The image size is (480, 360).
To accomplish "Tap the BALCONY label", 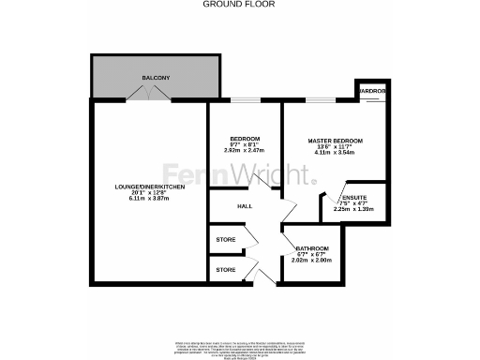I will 155,77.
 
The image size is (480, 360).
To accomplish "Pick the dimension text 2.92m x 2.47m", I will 245,150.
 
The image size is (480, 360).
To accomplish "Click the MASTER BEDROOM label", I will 335,141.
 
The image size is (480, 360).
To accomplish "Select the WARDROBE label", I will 371,92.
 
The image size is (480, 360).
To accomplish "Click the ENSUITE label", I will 354,198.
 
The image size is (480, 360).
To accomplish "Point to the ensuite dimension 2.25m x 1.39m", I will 354,210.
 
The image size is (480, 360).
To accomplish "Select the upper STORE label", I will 225,239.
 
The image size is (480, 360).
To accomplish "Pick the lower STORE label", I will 225,270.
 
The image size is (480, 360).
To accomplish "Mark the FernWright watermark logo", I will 240,175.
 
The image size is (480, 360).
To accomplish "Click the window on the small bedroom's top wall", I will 246,98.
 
